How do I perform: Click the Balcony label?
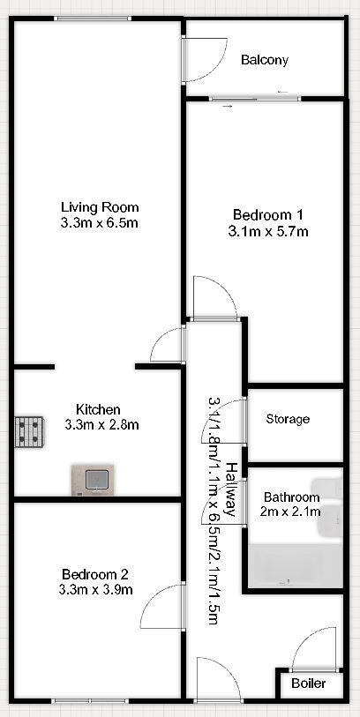tap(265, 60)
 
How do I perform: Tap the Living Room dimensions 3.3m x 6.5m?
tap(99, 223)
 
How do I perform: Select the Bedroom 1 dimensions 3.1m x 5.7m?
tap(268, 231)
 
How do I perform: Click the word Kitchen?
tap(98, 409)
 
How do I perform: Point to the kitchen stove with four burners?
tap(29, 431)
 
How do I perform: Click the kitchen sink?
tap(92, 480)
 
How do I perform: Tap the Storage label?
tap(289, 419)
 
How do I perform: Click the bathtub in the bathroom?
tap(296, 566)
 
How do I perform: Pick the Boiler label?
tap(309, 683)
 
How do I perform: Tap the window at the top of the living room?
tap(93, 19)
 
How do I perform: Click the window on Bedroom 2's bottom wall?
tap(89, 700)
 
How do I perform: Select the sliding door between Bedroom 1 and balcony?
tap(255, 98)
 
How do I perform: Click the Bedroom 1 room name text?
tap(268, 214)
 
